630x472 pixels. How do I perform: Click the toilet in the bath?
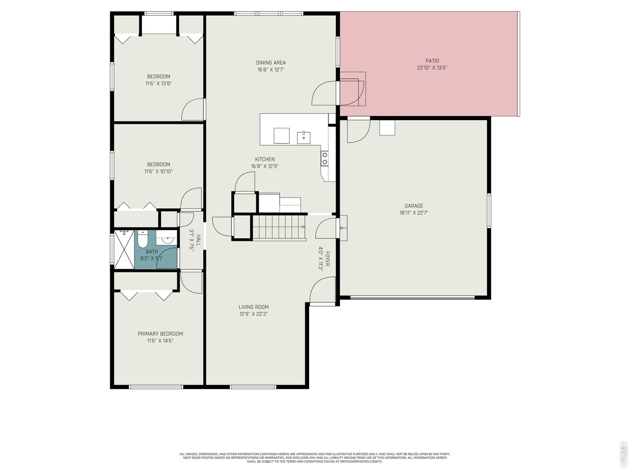click(x=142, y=240)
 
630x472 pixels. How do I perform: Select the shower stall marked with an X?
click(x=124, y=249)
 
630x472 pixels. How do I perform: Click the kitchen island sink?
click(x=303, y=136)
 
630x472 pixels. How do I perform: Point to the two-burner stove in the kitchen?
click(x=325, y=158)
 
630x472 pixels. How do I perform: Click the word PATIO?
click(x=432, y=61)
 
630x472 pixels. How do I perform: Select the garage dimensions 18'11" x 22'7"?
click(x=413, y=213)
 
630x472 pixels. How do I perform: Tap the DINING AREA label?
click(x=271, y=62)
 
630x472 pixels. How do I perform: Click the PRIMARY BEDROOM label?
click(x=160, y=333)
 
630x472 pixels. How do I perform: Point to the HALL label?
click(x=198, y=240)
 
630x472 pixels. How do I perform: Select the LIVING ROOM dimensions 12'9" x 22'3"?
click(x=254, y=314)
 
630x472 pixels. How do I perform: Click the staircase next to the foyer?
click(x=279, y=228)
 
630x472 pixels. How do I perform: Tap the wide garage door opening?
click(x=412, y=297)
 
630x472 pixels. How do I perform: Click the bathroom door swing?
click(x=167, y=258)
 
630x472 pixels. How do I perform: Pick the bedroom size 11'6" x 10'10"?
click(x=158, y=172)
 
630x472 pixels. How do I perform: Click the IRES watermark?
click(x=623, y=454)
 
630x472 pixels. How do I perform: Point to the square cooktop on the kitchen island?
click(x=282, y=135)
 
